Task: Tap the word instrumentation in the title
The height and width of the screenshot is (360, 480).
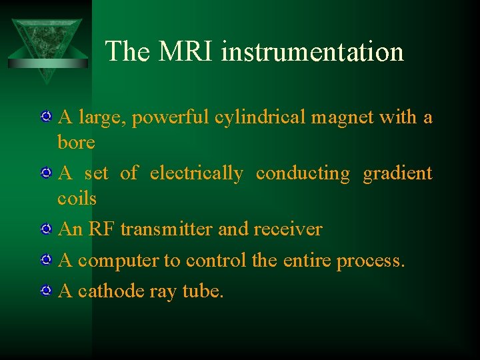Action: pos(312,51)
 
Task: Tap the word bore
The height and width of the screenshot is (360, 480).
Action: pos(76,142)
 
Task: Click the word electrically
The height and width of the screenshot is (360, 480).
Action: pos(197,173)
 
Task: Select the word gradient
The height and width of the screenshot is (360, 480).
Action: pos(397,173)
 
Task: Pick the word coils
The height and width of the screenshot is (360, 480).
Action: pos(77,198)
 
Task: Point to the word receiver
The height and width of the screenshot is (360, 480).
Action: pos(287,229)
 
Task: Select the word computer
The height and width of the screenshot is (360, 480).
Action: pos(117,261)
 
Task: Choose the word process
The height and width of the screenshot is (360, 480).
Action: pos(370,261)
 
